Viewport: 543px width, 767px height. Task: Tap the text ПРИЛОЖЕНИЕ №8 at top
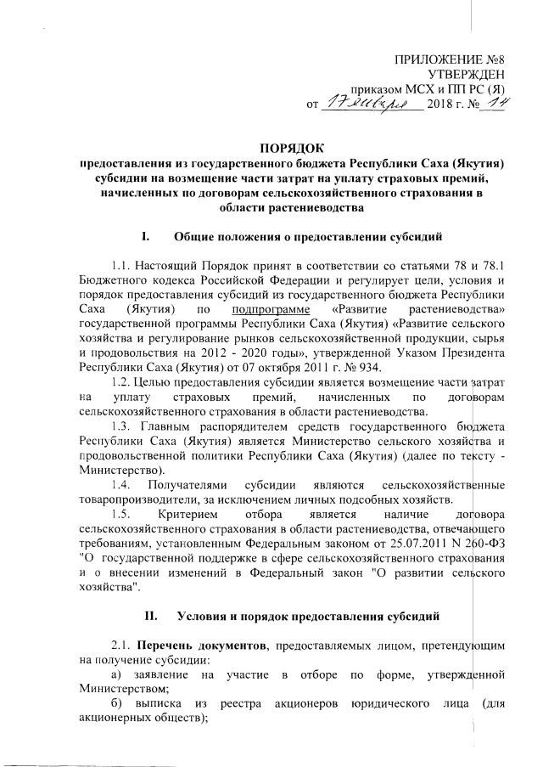(457, 59)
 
